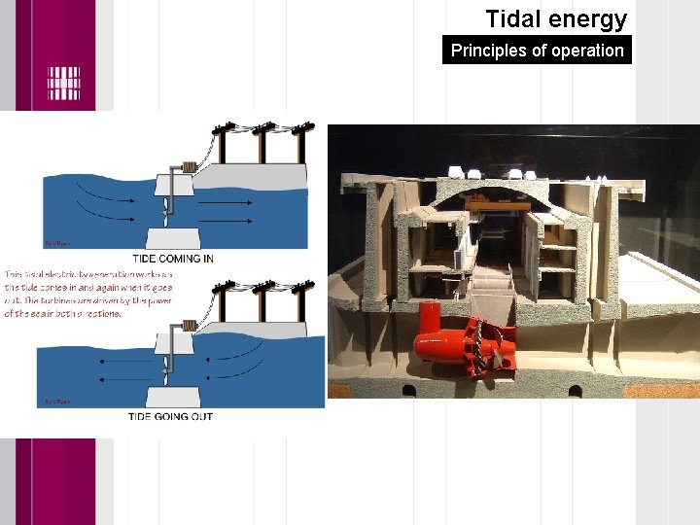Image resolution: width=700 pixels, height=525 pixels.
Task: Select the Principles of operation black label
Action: (x=537, y=51)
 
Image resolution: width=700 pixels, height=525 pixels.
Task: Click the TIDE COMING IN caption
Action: (x=170, y=257)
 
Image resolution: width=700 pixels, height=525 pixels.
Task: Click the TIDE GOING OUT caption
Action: (x=170, y=416)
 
